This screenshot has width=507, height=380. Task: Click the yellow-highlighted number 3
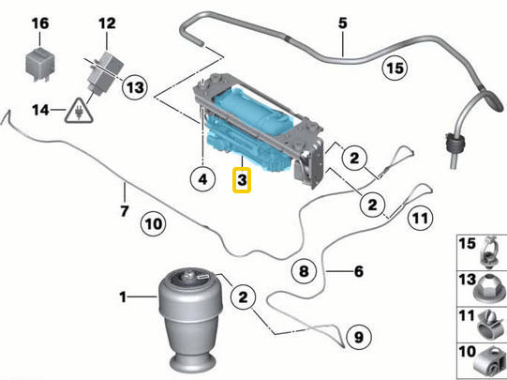pyautogui.click(x=243, y=177)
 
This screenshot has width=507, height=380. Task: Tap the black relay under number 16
pyautogui.click(x=40, y=59)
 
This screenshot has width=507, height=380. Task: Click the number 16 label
pyautogui.click(x=40, y=23)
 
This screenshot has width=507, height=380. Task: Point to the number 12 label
pyautogui.click(x=107, y=23)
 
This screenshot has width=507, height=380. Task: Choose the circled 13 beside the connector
pyautogui.click(x=135, y=87)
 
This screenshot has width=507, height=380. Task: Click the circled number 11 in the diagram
pyautogui.click(x=422, y=219)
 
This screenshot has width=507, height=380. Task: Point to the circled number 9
pyautogui.click(x=357, y=334)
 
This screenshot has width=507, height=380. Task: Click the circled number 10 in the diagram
pyautogui.click(x=152, y=223)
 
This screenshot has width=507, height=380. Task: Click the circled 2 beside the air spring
pyautogui.click(x=241, y=297)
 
